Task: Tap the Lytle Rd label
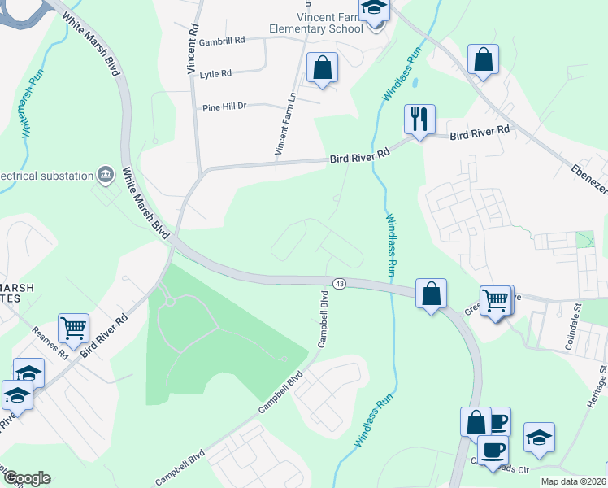click(x=215, y=73)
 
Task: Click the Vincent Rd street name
click(x=193, y=49)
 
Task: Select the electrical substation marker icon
click(x=105, y=173)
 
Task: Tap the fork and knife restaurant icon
click(x=419, y=120)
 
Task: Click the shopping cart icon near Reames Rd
click(x=74, y=329)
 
